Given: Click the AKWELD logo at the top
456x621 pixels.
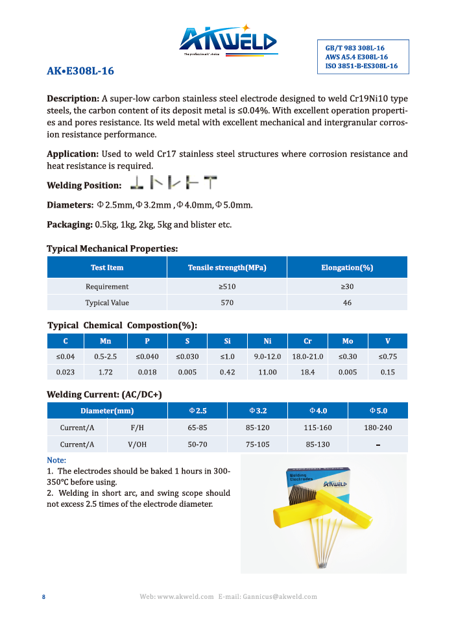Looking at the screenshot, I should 228,41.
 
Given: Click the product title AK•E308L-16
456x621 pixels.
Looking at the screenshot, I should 80,71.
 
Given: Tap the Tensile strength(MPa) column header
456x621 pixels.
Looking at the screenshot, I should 227,267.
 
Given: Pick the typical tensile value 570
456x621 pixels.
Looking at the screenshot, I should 227,303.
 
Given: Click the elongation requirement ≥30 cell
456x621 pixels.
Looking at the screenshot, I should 347,286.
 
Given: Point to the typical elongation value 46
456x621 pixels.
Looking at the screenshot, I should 347,303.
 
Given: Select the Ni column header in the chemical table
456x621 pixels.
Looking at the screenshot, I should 267,341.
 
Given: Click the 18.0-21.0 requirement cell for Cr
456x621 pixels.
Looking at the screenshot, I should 307,357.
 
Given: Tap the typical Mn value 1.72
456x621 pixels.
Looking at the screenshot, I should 106,372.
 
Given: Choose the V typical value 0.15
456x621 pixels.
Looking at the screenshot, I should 387,372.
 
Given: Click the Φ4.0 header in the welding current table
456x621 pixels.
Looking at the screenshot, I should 317,411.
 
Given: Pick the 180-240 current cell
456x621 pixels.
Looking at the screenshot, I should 378,428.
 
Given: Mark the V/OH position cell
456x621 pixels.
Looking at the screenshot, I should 137,444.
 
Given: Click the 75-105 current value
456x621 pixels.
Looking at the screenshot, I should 257,444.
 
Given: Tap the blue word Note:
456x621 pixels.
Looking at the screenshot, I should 57,460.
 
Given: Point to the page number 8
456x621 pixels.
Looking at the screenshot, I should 43,597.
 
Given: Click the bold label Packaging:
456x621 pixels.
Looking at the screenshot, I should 69,225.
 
